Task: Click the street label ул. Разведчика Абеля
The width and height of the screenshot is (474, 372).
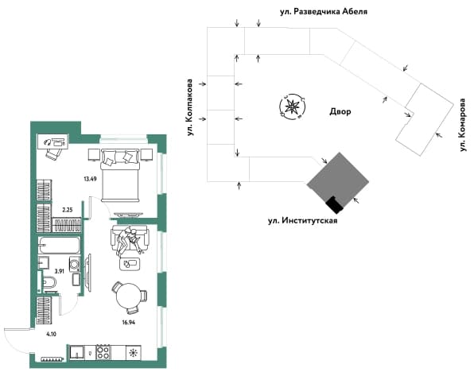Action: click(324, 12)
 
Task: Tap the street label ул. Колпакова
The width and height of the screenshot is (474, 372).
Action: click(190, 107)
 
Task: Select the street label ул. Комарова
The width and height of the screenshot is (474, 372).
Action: click(463, 125)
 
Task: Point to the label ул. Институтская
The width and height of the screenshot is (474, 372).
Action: click(302, 221)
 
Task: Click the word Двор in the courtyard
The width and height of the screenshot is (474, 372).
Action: click(340, 111)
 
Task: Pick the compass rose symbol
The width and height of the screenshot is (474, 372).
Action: click(292, 106)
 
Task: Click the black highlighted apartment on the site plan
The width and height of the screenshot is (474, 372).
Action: click(335, 204)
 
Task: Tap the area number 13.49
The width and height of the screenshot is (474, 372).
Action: click(90, 179)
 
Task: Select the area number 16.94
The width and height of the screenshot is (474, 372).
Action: click(129, 322)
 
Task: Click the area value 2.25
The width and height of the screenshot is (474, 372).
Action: click(68, 210)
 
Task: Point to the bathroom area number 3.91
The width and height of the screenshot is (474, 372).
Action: click(59, 271)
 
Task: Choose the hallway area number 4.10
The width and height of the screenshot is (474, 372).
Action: click(51, 334)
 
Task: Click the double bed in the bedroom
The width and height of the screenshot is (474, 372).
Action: click(121, 175)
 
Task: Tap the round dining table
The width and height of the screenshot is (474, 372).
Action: click(129, 296)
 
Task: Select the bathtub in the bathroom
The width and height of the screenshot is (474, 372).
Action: click(60, 245)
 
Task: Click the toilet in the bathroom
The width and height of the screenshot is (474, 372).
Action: click(50, 283)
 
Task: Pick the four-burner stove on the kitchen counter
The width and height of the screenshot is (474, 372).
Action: click(103, 352)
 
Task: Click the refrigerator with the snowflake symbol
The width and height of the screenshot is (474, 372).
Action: click(134, 353)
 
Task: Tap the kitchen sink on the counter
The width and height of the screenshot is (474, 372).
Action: click(77, 352)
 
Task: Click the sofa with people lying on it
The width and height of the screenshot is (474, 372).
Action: click(130, 238)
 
